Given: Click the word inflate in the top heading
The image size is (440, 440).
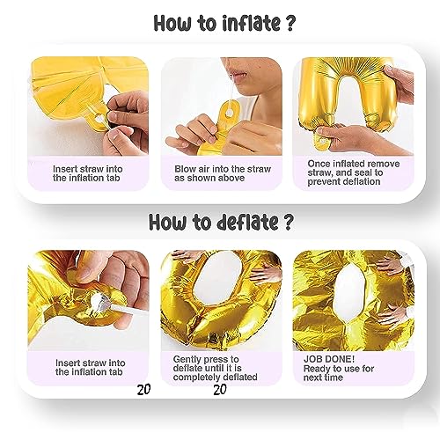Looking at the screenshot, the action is tap(251, 23).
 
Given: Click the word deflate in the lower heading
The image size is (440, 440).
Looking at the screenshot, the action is tap(247, 222).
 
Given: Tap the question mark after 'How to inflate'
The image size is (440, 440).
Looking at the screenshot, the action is tap(289, 23).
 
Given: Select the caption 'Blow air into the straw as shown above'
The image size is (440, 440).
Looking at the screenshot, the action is tap(223, 173).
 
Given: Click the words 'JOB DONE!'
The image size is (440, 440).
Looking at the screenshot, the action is tap(329, 359).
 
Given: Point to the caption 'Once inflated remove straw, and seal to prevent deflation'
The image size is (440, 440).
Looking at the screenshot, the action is tap(354, 172).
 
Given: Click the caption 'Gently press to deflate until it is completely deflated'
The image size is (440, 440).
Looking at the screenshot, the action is tap(215, 368).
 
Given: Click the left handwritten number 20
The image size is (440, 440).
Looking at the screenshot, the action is tap(143, 389).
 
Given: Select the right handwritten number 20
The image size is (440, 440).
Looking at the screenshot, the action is tap(220, 389).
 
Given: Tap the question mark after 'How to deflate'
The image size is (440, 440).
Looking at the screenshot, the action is tap(288, 222).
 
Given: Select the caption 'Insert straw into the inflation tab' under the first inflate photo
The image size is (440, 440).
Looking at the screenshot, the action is tap(88, 173).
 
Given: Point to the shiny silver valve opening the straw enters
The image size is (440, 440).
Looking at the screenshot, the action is tap(98, 300).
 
